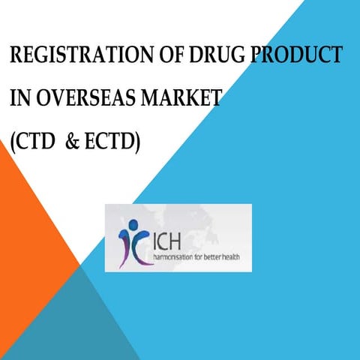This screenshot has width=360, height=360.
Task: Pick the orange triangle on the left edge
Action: tap(26, 240)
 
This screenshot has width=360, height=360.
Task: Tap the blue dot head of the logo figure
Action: tap(133, 224)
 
